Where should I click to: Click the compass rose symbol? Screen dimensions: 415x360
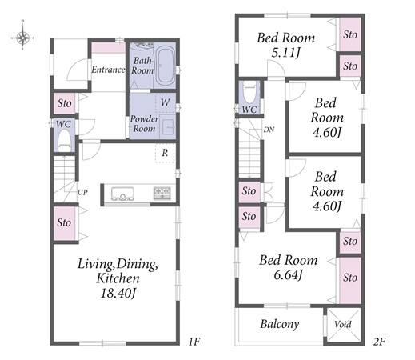point(22,38)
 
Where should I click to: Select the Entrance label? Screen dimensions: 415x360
point(108,70)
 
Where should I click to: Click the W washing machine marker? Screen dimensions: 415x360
point(165,102)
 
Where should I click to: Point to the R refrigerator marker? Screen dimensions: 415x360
point(165,153)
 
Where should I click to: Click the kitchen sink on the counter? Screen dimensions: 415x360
point(122,194)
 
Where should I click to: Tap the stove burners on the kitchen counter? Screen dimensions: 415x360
point(162,194)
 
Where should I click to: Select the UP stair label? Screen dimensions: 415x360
point(82,192)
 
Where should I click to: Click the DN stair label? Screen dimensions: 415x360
point(269,130)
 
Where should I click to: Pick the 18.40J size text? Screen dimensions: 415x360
point(118,294)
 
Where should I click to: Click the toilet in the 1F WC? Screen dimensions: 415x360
point(64,141)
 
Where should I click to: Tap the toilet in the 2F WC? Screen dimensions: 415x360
point(249,94)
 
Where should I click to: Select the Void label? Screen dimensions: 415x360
point(343,325)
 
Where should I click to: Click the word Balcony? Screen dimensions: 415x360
point(280,325)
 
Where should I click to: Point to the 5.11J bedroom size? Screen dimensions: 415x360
point(285,53)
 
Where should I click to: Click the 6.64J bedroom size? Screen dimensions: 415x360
point(288,275)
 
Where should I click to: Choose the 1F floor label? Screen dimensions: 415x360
point(194,342)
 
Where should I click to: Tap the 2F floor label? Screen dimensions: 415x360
point(379,342)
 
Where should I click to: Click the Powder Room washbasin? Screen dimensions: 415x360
point(168,126)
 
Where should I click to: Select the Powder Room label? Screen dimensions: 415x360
point(144,124)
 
